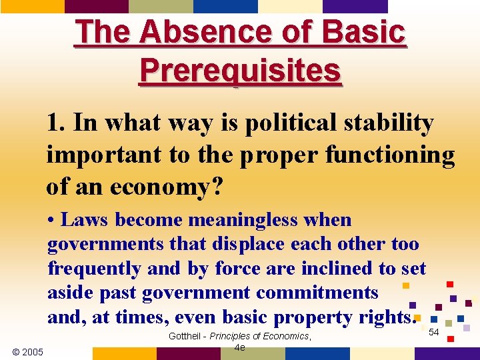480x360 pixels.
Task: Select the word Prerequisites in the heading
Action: click(240, 70)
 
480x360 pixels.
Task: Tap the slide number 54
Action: click(434, 332)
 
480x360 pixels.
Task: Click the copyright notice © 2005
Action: click(27, 351)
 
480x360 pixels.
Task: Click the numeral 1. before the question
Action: click(56, 123)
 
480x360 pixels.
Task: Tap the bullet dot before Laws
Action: click(51, 221)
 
